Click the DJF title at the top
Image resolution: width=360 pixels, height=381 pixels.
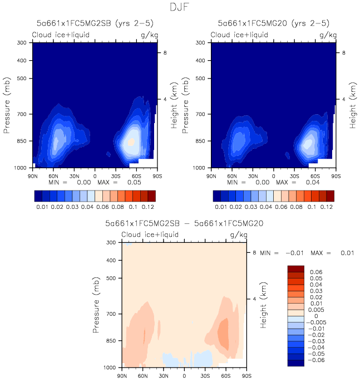coord(180,8)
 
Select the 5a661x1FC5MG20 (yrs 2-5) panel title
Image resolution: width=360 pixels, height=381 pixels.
coord(273,23)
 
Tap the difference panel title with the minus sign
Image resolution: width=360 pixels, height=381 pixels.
coord(184,224)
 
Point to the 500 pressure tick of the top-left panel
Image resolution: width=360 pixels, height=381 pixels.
coord(23,79)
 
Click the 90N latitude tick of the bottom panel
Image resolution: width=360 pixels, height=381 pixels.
coord(121,375)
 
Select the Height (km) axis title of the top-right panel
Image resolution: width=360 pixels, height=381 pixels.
coord(353,105)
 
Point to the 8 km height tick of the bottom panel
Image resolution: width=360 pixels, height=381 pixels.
coord(254,252)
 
